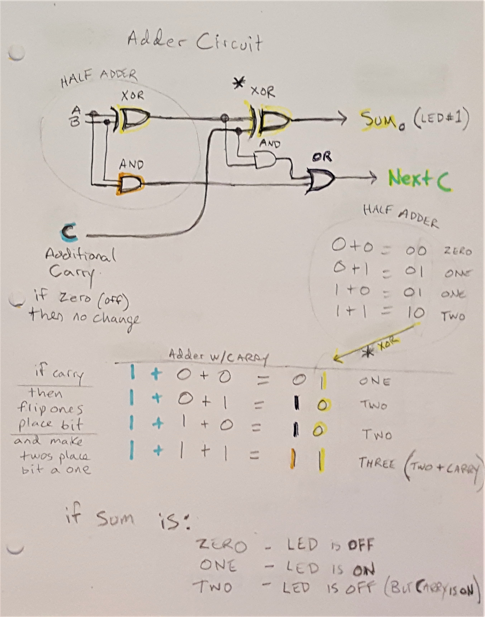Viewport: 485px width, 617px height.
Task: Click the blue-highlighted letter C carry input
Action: tap(69, 232)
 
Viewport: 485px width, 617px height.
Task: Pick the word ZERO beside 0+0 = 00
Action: tap(457, 251)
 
